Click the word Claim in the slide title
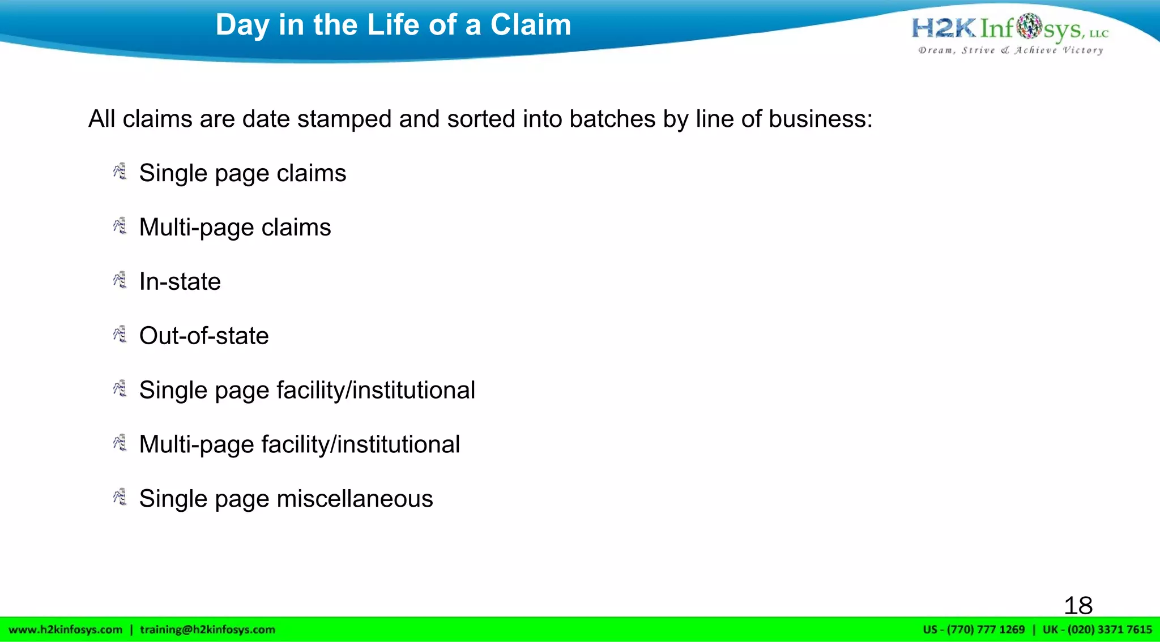(530, 25)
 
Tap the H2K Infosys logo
(1009, 28)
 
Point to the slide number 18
(1078, 605)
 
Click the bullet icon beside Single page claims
(120, 172)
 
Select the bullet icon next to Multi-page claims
(120, 226)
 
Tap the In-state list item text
(180, 281)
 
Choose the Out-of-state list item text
(204, 336)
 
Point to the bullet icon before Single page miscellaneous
(120, 497)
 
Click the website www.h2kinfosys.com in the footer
(66, 630)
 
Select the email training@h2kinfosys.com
(207, 630)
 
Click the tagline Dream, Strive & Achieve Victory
(1010, 50)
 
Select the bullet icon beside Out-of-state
(120, 334)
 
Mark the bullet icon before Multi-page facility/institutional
(120, 443)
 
